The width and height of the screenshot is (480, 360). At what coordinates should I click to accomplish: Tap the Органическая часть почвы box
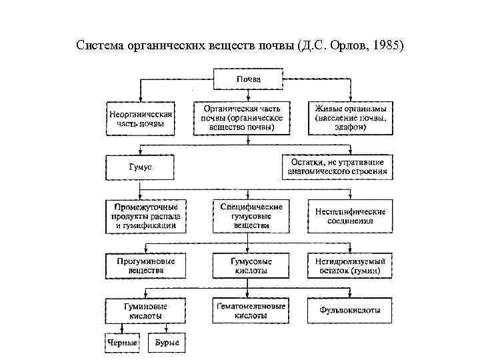[241, 117]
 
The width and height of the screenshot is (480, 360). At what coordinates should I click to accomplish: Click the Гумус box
[140, 167]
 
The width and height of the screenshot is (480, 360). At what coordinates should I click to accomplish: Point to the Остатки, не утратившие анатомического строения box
[337, 167]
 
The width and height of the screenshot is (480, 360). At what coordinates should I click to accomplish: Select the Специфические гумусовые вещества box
[251, 216]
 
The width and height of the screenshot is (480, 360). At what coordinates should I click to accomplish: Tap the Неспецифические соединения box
[350, 216]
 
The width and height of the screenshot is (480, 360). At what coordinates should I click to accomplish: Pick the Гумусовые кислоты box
[251, 266]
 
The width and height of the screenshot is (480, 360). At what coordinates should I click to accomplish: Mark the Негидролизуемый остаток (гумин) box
[350, 266]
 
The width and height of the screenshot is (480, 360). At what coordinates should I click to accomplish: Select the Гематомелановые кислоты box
[251, 310]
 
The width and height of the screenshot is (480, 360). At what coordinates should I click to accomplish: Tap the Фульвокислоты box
[350, 310]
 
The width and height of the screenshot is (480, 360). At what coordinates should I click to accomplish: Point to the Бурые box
[166, 343]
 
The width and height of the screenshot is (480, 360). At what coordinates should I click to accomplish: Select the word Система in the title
[99, 47]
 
